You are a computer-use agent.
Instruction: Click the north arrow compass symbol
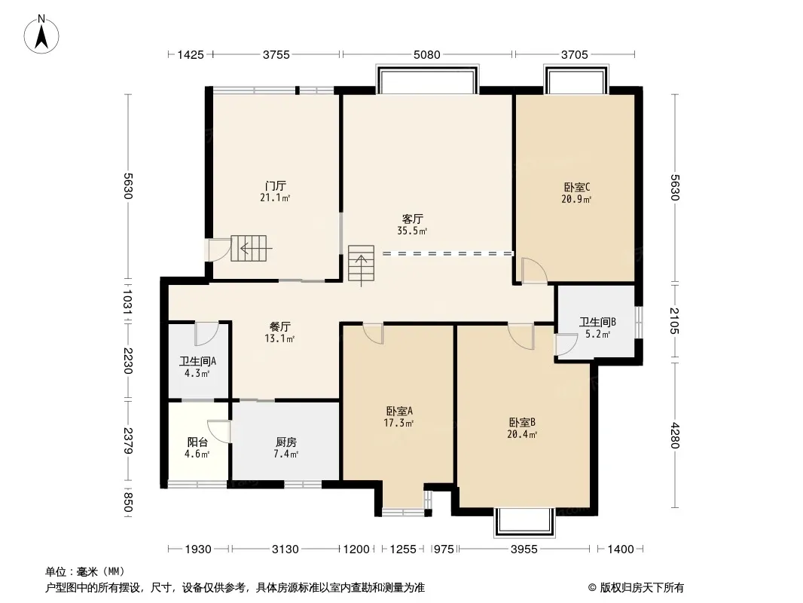[41, 34]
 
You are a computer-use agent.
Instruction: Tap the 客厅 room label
[412, 219]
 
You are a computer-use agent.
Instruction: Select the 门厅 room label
[276, 185]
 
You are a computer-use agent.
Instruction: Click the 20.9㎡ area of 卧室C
[576, 199]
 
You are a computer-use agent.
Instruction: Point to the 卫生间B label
[597, 322]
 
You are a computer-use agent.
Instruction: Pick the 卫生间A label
[197, 361]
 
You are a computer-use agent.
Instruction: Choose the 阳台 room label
[197, 442]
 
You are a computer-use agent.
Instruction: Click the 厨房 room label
[285, 442]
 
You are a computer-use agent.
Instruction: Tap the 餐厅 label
[280, 326]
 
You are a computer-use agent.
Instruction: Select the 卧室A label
[399, 411]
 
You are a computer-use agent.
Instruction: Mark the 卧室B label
[522, 423]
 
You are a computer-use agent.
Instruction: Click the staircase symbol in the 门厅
[249, 249]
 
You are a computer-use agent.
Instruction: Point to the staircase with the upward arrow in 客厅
[362, 264]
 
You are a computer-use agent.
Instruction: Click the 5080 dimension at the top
[426, 54]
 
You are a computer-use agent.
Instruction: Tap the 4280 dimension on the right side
[674, 436]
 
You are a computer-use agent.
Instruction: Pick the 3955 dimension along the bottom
[524, 549]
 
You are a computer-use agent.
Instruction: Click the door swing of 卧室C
[534, 271]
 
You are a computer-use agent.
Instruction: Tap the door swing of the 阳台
[219, 431]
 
